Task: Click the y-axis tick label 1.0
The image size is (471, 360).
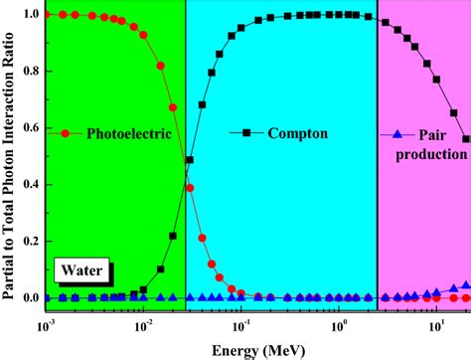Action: [31, 15]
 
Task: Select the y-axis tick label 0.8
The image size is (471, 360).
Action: [31, 72]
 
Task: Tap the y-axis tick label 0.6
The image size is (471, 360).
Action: [31, 128]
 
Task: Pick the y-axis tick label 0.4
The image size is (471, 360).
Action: [31, 185]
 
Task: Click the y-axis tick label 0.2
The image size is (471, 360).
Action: [31, 242]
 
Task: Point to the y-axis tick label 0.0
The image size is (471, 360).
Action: [31, 298]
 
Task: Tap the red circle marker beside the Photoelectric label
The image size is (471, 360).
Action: [66, 132]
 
